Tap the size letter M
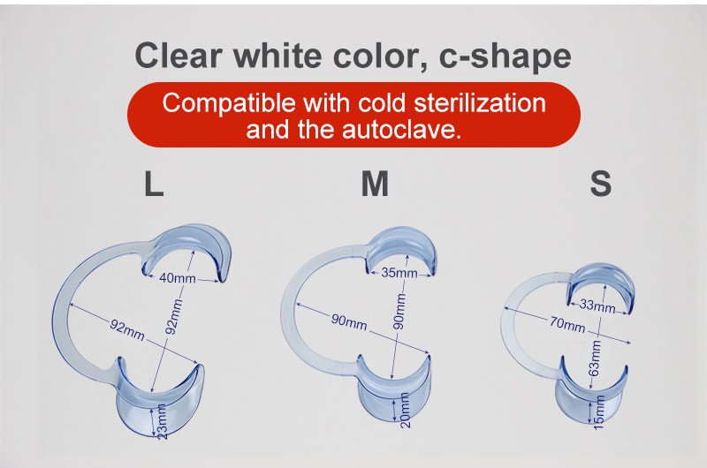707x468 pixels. [x=375, y=183]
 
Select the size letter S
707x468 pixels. [x=600, y=183]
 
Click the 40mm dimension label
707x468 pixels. [x=178, y=278]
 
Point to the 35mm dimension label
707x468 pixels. [x=399, y=273]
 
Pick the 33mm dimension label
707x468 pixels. [x=598, y=306]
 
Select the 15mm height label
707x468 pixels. [x=600, y=409]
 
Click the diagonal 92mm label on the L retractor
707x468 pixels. [x=127, y=328]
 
